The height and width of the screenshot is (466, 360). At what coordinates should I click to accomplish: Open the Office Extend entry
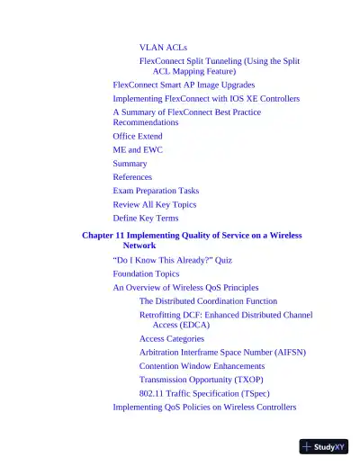(x=138, y=137)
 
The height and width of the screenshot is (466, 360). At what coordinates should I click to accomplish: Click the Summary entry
(x=130, y=164)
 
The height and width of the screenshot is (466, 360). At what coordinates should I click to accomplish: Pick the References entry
(x=132, y=177)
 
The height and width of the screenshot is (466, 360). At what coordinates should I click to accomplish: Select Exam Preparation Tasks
(x=156, y=191)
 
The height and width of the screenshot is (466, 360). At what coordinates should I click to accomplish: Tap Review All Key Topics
(x=150, y=204)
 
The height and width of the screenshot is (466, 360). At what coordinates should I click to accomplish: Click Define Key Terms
(x=146, y=218)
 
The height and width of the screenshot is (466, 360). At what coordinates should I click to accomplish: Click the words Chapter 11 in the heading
(x=105, y=235)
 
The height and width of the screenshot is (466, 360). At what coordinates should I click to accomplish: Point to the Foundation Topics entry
(x=146, y=273)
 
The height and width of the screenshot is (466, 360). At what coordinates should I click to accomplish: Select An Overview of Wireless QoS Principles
(x=185, y=287)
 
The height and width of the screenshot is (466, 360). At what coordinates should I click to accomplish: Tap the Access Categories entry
(x=172, y=339)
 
